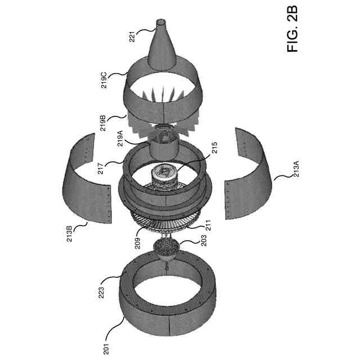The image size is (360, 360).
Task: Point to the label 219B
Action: click(x=103, y=123)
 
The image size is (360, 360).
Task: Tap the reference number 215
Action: click(x=215, y=151)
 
